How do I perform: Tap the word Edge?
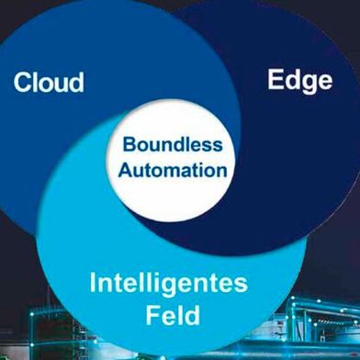[299, 80]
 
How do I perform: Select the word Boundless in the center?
[174, 144]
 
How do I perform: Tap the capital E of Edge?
[275, 80]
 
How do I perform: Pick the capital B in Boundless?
[129, 144]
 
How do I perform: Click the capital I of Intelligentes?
[95, 282]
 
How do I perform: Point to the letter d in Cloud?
[75, 81]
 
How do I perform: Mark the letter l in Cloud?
[38, 81]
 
